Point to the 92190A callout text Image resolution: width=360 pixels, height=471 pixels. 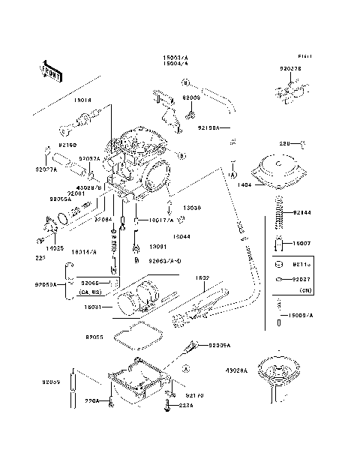tap(208, 128)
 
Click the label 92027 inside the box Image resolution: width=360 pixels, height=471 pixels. tap(302, 279)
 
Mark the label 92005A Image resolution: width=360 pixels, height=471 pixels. tap(219, 345)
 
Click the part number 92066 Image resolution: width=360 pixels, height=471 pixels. tap(91, 283)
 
